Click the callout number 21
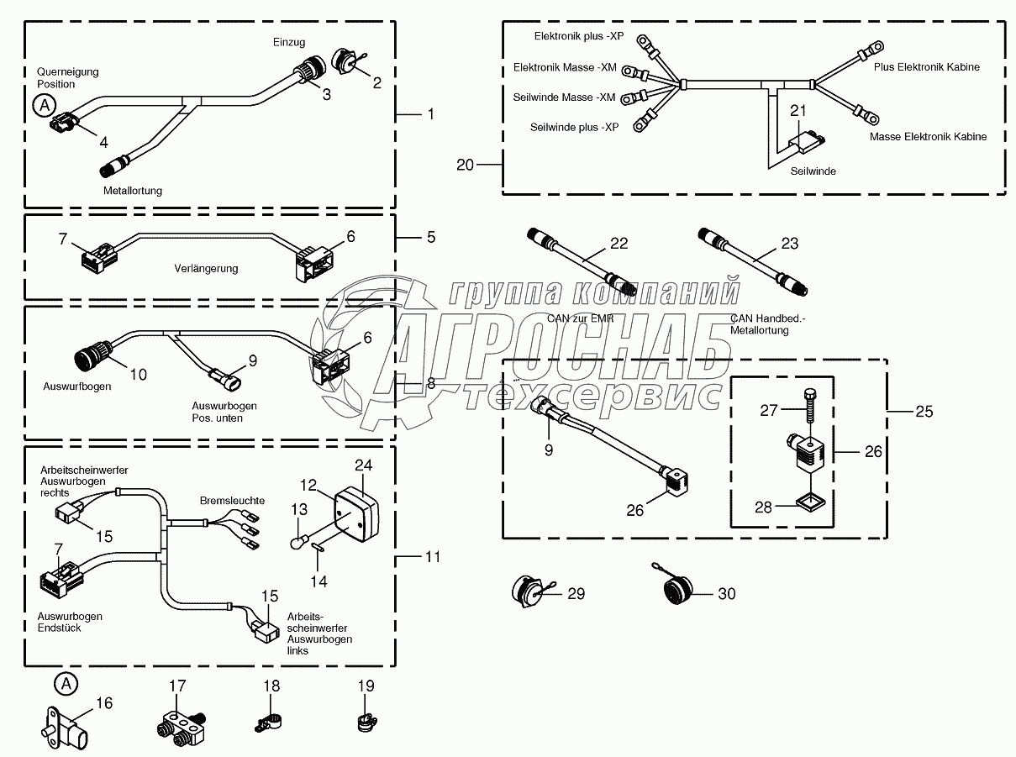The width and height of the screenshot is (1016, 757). [x=798, y=110]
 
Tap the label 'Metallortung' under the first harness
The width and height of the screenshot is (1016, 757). [x=133, y=191]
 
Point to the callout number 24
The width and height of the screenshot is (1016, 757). [x=363, y=465]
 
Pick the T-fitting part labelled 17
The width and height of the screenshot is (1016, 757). [x=181, y=725]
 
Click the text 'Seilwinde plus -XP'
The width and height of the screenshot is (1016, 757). [x=574, y=127]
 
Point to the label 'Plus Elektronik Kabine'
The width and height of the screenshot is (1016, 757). [x=926, y=67]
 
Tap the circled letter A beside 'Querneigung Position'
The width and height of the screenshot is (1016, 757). [x=43, y=106]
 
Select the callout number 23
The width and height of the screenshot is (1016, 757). [x=790, y=244]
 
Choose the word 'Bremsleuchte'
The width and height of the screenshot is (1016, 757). [x=232, y=501]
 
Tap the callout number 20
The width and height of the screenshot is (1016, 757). [x=466, y=165]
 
